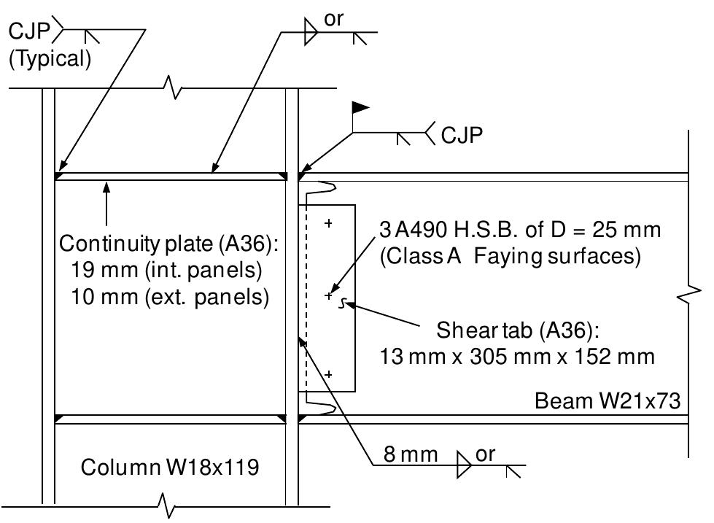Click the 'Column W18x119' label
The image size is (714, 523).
point(169,467)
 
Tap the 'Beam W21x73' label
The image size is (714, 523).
point(608,401)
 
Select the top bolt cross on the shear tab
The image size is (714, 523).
point(329,223)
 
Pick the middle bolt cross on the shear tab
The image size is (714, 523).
point(329,295)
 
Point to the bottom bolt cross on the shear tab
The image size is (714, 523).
point(329,373)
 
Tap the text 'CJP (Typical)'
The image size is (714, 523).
point(49,45)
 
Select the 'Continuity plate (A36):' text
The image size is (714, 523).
point(169,243)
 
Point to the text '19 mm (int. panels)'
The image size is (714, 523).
point(167,270)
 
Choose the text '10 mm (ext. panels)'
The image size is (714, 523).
point(170,297)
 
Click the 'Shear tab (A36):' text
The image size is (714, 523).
point(518,330)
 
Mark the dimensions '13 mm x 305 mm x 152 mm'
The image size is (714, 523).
point(517,357)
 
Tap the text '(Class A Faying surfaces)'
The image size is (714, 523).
point(510,257)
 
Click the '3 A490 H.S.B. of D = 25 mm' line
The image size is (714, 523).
point(520,230)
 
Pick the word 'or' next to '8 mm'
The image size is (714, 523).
point(485,454)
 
